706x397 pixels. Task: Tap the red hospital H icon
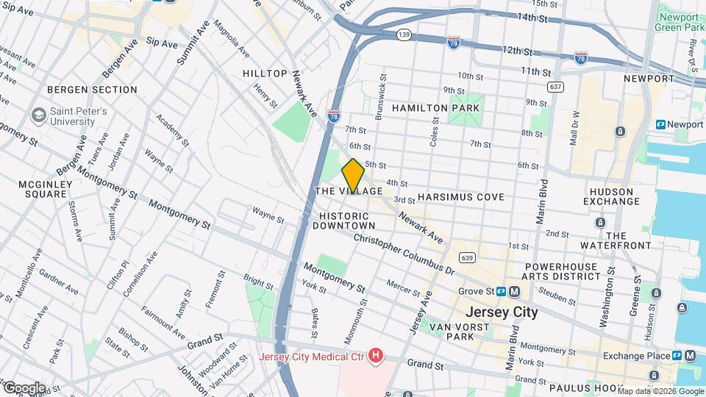377,357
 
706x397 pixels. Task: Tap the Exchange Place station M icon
690,356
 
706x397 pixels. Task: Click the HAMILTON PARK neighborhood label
435,108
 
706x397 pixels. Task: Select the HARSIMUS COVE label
460,197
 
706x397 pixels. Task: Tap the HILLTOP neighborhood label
265,74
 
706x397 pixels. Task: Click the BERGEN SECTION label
92,90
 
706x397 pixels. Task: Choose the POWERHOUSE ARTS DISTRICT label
563,271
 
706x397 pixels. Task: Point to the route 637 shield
555,87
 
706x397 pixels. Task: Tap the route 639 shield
466,257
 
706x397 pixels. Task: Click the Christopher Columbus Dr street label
404,254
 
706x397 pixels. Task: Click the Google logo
24,387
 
